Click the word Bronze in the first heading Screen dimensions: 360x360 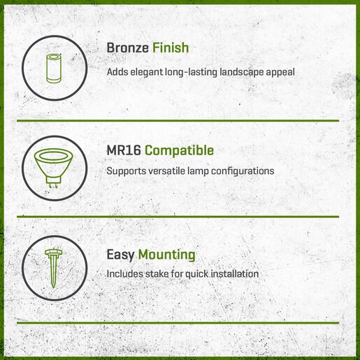(127, 48)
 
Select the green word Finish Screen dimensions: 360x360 (171, 48)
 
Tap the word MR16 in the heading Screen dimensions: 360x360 (124, 150)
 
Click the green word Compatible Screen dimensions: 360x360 (179, 151)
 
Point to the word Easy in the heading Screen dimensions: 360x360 (120, 255)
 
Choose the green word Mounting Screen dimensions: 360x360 (167, 255)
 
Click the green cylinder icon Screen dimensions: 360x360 (54, 69)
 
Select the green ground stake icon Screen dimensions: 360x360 (54, 268)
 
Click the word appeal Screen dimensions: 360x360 (280, 73)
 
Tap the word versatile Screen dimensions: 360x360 (167, 171)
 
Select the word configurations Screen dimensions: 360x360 (243, 171)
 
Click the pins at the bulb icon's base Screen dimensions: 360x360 (53, 185)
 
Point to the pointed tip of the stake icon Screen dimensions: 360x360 (54, 287)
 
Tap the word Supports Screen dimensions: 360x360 (126, 171)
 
